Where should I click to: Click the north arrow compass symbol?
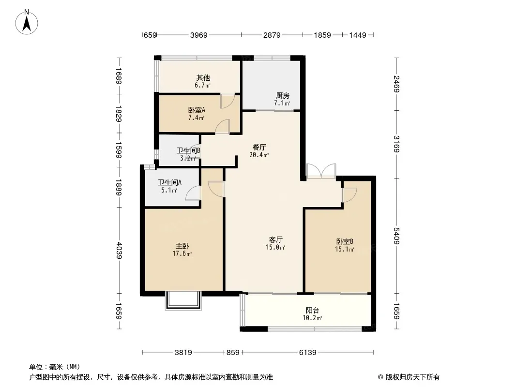coord(27,22)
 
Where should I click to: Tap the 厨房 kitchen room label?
coord(282,95)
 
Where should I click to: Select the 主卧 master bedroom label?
coord(182,246)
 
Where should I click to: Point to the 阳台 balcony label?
coord(312,310)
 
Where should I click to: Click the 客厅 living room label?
coord(275,239)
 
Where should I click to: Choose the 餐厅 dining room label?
coord(259,147)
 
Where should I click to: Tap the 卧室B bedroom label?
coord(345,242)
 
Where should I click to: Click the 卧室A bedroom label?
coord(197,110)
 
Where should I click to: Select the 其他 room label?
coord(203,77)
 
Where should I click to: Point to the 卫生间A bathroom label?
coord(169,182)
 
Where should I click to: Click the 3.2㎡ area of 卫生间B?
coord(188,158)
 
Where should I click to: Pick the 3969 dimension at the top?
coord(199,35)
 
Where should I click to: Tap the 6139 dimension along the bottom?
coord(308,353)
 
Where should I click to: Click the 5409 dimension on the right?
coord(396,236)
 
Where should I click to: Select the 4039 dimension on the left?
coord(119,251)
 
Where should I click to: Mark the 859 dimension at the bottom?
coord(233,353)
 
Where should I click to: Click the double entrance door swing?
coord(321,171)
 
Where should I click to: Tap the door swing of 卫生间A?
coord(193,193)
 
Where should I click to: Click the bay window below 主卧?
coord(183,301)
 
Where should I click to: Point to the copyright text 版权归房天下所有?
coord(412,377)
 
